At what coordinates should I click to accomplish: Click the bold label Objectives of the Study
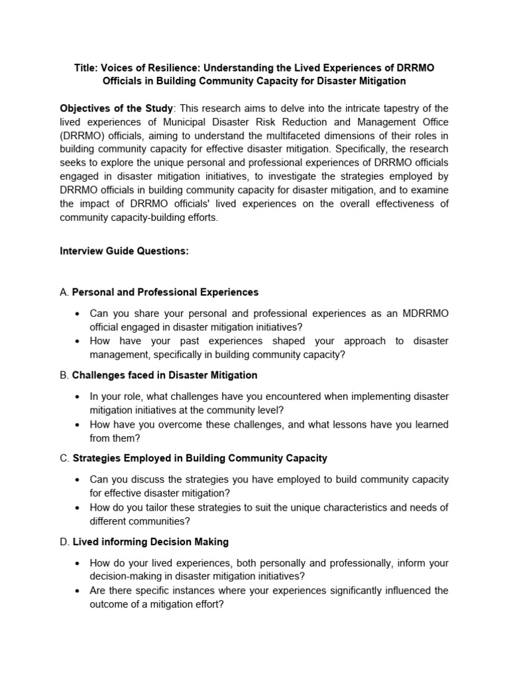(x=117, y=108)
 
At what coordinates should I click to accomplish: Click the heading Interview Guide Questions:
(x=120, y=251)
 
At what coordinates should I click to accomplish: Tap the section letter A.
(x=64, y=292)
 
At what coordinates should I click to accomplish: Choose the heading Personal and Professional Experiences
(x=165, y=292)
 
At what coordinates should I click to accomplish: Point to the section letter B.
(x=64, y=375)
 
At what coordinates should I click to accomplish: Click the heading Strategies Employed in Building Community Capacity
(x=199, y=458)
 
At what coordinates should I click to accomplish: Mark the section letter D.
(x=64, y=542)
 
